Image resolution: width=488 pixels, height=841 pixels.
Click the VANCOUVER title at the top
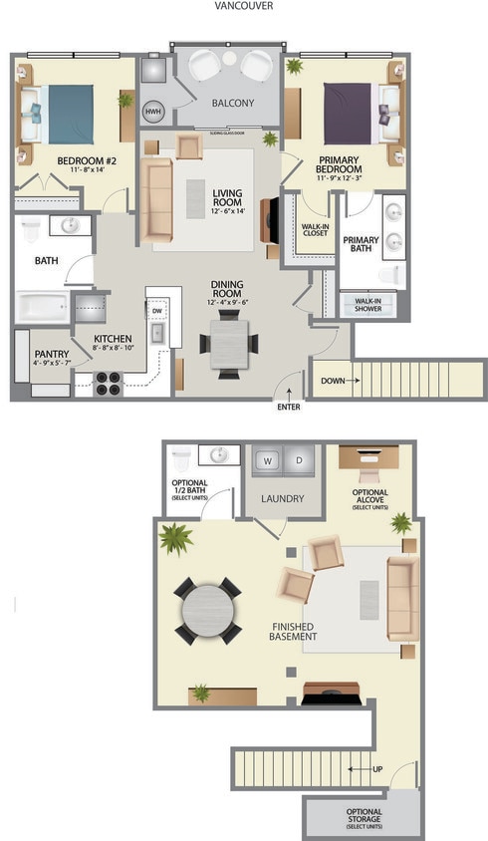(244, 6)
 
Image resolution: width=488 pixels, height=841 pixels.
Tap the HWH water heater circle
(152, 112)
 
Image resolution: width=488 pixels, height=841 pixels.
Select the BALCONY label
(232, 103)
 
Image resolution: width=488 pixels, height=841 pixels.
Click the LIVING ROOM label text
(228, 198)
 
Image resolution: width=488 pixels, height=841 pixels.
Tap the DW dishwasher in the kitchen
(157, 310)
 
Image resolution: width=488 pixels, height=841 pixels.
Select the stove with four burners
(107, 383)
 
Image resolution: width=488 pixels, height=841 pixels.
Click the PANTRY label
(50, 354)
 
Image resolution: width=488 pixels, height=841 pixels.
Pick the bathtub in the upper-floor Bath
(42, 305)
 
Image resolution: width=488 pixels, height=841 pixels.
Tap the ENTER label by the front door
(288, 407)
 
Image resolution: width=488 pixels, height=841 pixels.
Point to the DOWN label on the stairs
(332, 380)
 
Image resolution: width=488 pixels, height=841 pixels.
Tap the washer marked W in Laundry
(266, 460)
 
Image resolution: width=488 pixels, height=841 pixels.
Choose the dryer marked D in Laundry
(299, 460)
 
